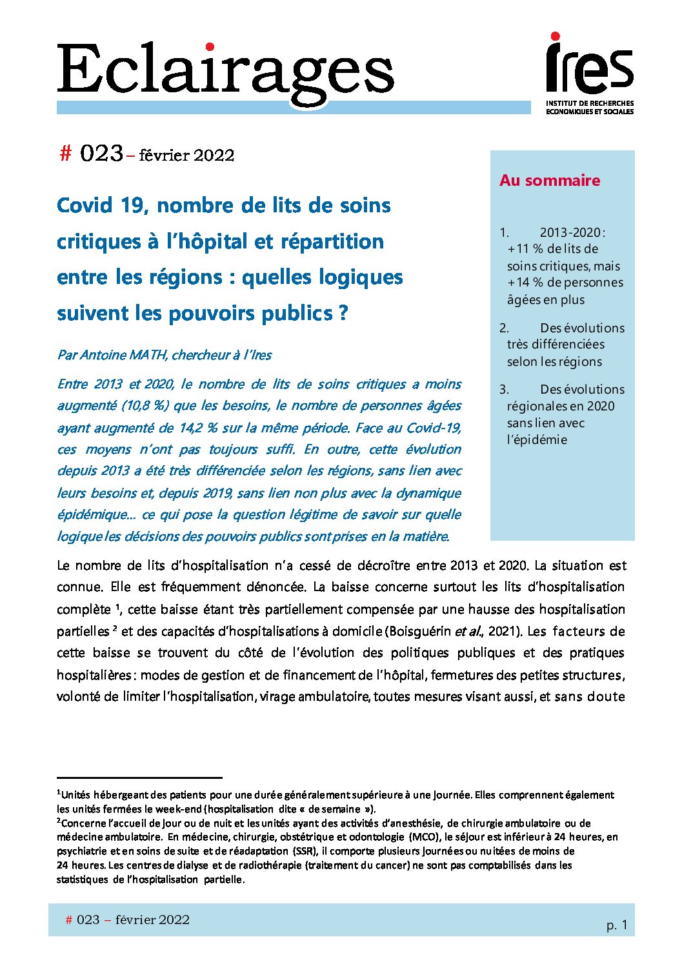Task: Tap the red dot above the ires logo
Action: pos(555,37)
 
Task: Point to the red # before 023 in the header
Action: pos(65,154)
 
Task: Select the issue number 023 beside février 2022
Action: pos(101,154)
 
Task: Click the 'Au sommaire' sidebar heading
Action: pos(550,181)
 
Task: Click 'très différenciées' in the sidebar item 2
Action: pos(556,344)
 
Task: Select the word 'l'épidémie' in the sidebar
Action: pos(537,439)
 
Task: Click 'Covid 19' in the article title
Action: pos(103,205)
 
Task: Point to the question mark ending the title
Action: pos(343,313)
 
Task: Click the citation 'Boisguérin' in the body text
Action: pos(418,631)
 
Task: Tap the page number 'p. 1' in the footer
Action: pos(616,925)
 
